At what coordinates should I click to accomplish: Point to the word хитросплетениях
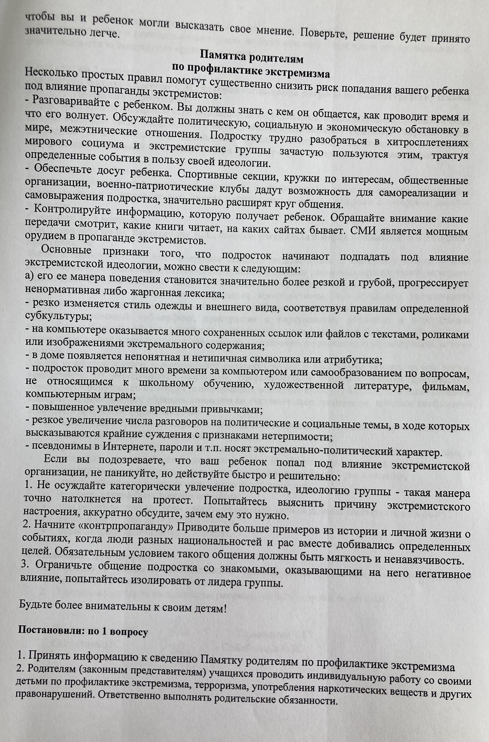point(427,142)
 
